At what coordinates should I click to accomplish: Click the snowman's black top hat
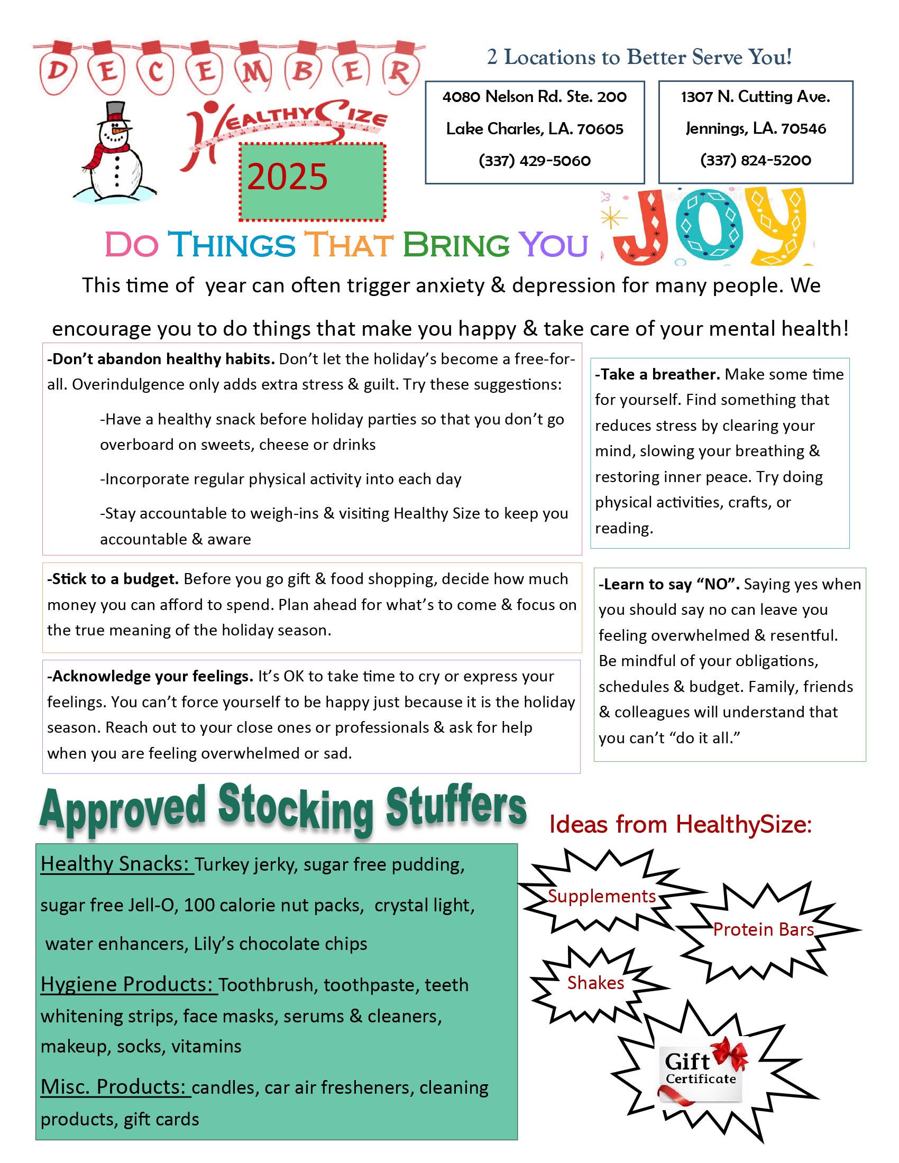(x=115, y=112)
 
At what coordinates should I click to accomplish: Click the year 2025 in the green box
(x=287, y=177)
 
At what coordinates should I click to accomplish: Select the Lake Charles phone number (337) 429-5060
(x=534, y=161)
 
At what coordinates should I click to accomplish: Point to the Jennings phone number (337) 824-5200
(x=755, y=160)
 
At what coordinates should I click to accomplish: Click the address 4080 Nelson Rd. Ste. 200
(x=534, y=97)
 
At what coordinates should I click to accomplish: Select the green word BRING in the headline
(x=456, y=245)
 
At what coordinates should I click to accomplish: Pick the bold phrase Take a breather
(x=657, y=374)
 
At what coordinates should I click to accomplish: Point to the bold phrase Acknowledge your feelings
(x=150, y=676)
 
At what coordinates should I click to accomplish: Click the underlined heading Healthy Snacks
(x=116, y=864)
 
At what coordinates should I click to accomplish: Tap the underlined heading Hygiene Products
(x=128, y=984)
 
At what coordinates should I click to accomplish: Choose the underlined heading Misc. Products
(x=115, y=1086)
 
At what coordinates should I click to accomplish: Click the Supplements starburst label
(x=602, y=896)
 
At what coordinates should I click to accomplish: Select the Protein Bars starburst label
(x=763, y=929)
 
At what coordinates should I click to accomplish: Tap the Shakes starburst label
(x=595, y=983)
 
